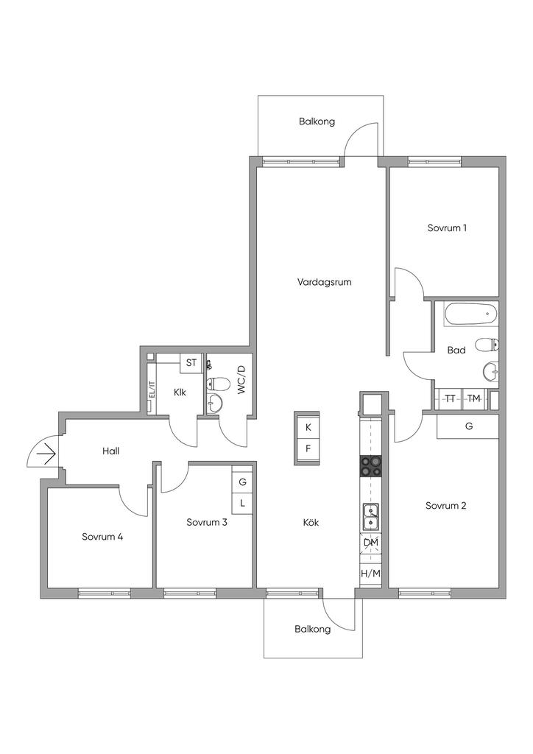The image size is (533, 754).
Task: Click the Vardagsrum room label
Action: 324,282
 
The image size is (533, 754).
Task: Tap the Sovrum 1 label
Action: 447,228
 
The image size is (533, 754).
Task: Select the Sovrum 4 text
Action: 102,537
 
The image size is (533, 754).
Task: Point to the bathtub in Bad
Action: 470,314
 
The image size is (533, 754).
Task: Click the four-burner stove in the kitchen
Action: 370,465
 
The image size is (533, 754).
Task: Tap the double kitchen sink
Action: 370,516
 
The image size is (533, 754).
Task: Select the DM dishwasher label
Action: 370,543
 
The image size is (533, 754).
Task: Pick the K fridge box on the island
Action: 308,427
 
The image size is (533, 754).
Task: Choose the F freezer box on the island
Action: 308,449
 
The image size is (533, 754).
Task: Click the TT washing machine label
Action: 450,398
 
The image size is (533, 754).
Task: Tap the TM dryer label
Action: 474,398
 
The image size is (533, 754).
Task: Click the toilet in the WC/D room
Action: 218,384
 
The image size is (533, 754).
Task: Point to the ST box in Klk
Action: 191,362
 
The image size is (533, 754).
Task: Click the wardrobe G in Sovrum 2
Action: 467,426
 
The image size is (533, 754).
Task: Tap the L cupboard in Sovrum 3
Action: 243,504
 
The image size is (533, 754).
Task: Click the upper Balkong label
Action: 317,121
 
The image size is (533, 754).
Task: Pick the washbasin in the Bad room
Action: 490,372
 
